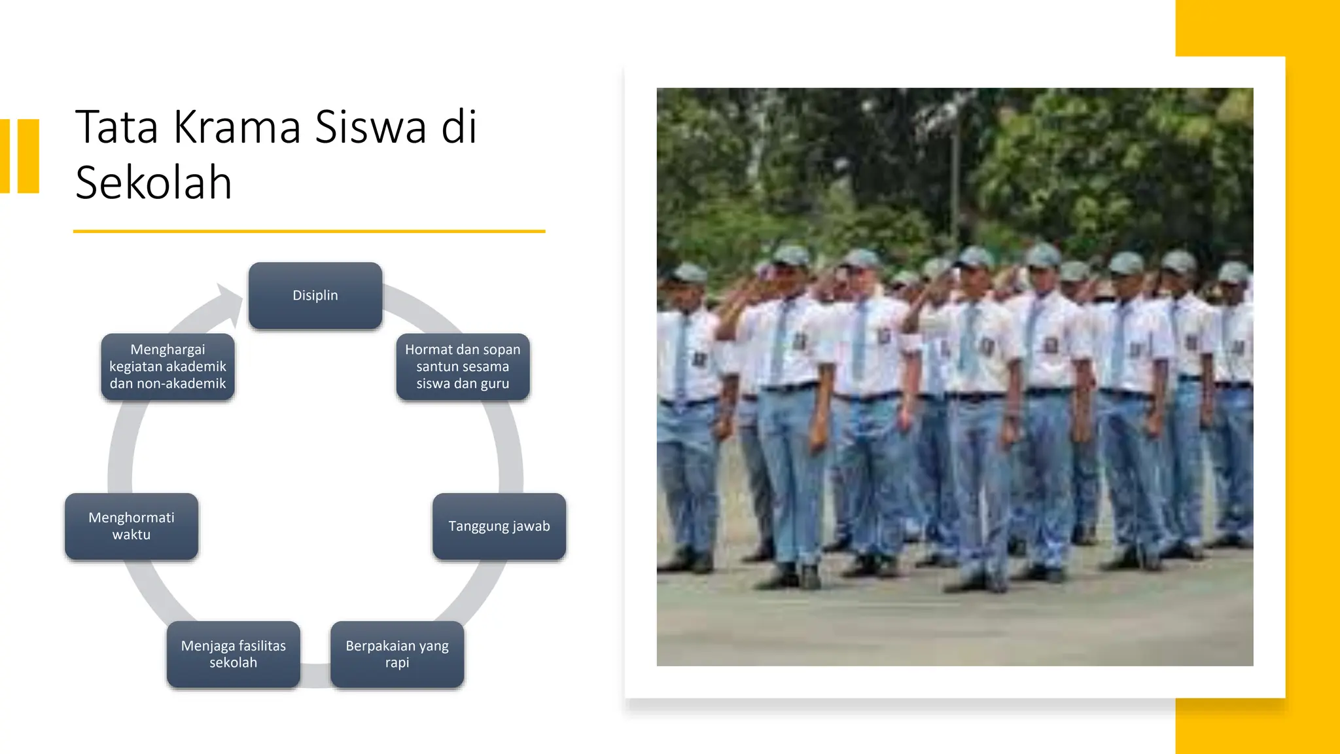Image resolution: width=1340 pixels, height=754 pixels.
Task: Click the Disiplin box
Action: [315, 296]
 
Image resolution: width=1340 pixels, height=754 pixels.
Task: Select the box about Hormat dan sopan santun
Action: [463, 367]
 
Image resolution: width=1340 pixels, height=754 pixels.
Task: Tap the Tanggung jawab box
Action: [499, 526]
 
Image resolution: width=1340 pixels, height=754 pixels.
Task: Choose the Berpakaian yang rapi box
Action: [397, 654]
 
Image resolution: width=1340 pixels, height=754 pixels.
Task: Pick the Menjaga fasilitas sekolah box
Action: [234, 654]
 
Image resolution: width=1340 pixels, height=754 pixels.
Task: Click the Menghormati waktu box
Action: [132, 526]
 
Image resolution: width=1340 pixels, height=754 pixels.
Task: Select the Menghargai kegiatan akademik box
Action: [167, 367]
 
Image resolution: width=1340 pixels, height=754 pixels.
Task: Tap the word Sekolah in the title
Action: [154, 183]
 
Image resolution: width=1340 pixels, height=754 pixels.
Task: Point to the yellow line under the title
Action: [309, 231]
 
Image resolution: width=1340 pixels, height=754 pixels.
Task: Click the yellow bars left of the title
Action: [20, 156]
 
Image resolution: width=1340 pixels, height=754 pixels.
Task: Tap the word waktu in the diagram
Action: [132, 535]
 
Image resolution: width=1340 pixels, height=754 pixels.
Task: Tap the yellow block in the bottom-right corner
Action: [1256, 727]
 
